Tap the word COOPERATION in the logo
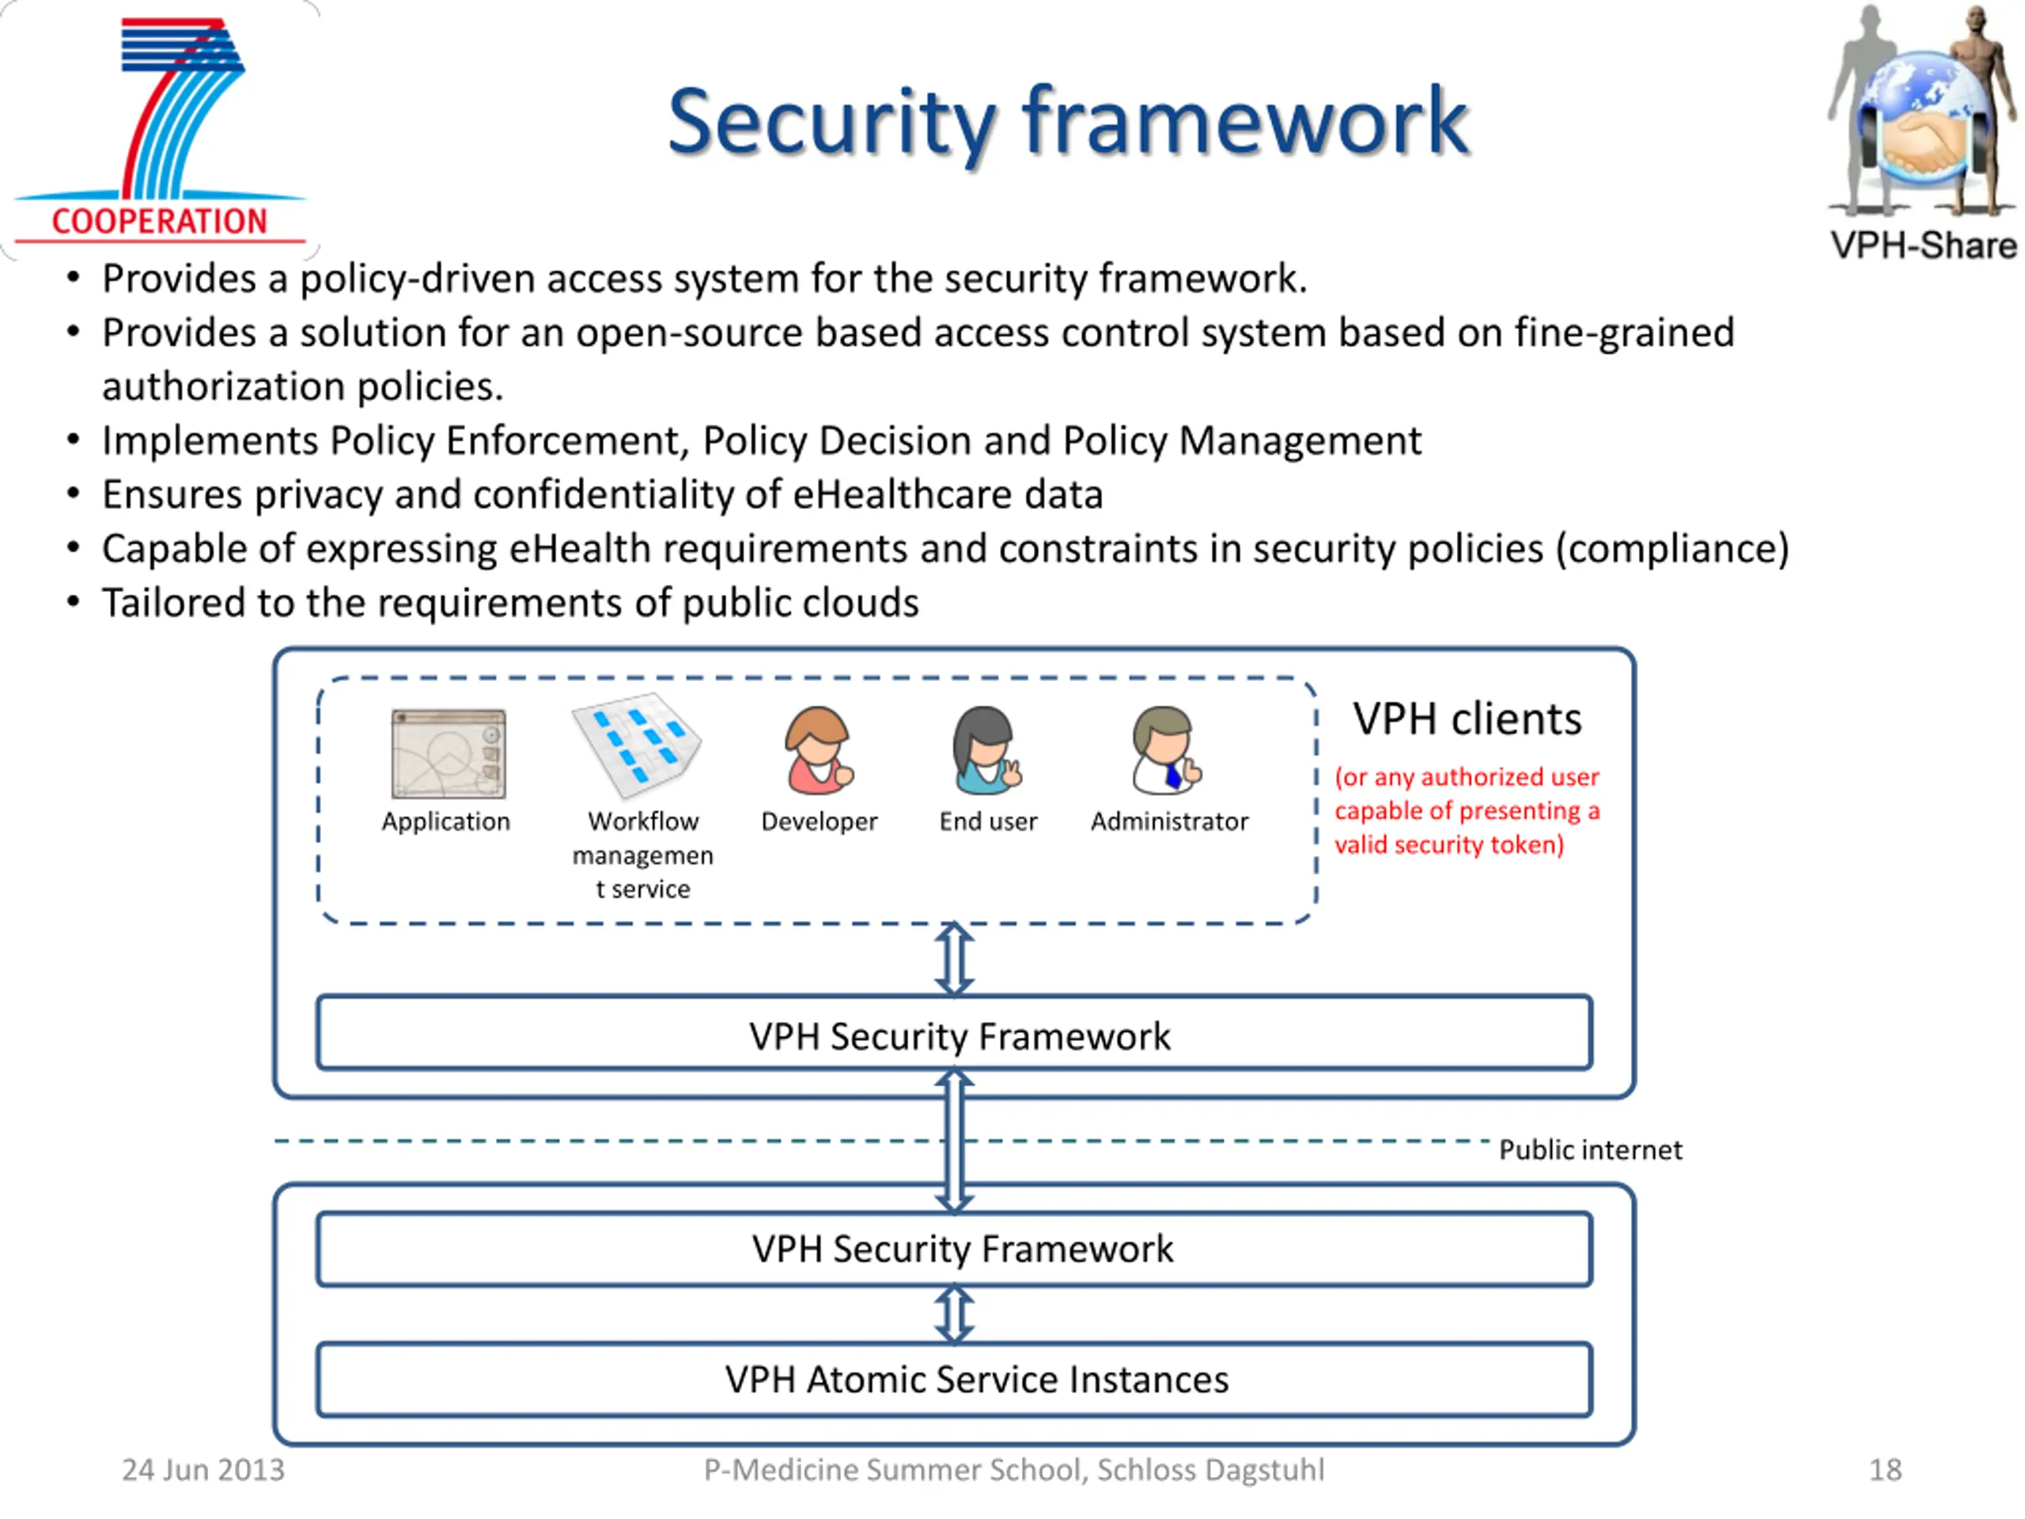(x=159, y=222)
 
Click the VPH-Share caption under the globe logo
(x=1924, y=245)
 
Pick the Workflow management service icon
(x=636, y=745)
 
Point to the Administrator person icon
(x=1166, y=751)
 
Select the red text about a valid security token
(x=1467, y=810)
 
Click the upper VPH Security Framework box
(x=954, y=1032)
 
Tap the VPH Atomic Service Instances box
(x=954, y=1380)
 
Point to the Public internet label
(x=1590, y=1150)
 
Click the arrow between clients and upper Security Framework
(x=954, y=959)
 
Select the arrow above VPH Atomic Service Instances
(x=954, y=1315)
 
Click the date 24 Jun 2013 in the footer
(x=203, y=1470)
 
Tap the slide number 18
(x=1885, y=1470)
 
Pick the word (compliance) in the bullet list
(x=1671, y=549)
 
